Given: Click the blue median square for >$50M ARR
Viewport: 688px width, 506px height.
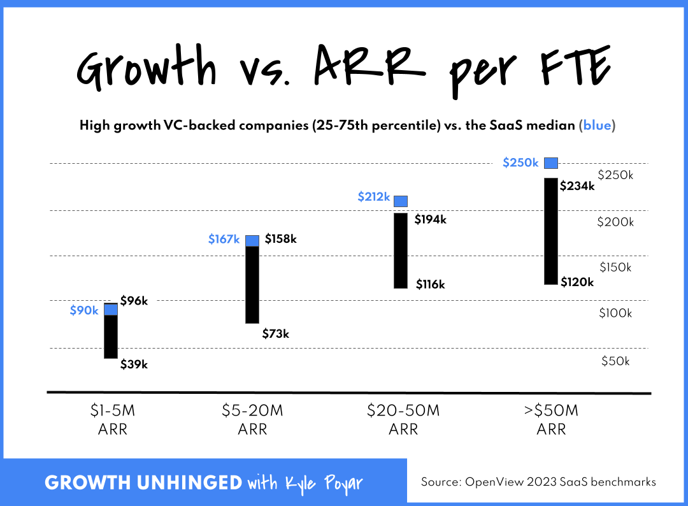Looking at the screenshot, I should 551,163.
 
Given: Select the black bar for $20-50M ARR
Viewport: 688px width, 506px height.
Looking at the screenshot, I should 401,250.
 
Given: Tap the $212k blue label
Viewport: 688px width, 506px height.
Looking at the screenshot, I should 374,197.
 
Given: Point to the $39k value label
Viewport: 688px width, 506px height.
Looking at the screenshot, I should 134,365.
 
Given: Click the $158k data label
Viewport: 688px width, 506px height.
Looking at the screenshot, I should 281,239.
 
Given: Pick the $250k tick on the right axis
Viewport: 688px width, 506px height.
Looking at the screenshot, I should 614,175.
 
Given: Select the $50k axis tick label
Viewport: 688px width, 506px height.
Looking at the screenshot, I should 615,361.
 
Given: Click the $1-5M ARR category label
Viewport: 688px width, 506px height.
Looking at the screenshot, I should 113,420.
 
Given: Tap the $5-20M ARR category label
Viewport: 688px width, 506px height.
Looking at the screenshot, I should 252,420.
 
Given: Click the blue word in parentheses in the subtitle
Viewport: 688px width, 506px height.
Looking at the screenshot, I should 596,126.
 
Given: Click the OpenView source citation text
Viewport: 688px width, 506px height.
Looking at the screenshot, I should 538,482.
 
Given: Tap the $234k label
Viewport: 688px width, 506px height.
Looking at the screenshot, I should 577,186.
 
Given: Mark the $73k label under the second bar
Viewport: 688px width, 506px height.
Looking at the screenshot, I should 276,333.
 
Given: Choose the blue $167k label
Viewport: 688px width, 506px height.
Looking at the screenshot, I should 224,240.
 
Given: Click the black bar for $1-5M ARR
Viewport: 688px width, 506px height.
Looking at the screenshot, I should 111,336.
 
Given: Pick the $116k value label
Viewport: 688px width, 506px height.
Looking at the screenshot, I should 430,284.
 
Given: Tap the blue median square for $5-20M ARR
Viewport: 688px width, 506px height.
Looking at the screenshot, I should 252,240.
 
